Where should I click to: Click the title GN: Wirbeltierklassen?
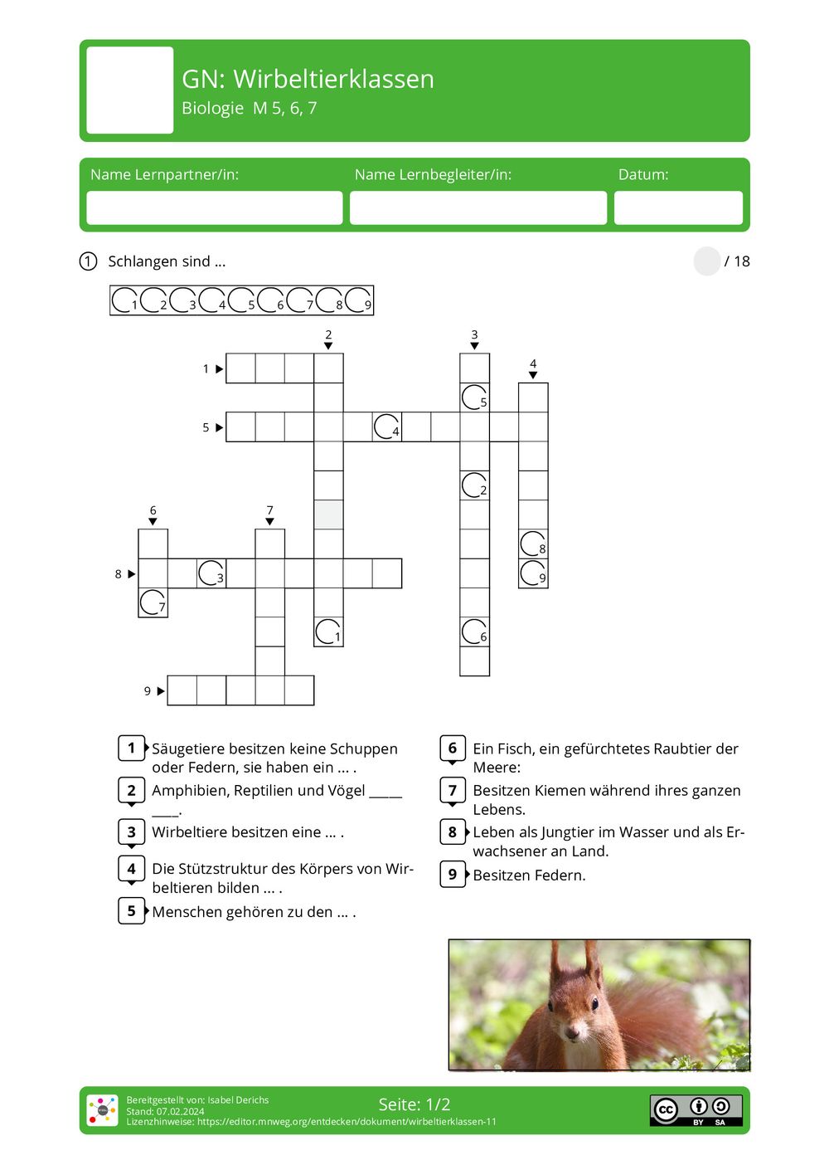(308, 79)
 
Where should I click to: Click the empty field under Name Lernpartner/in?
(214, 207)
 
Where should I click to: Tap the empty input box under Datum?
(677, 207)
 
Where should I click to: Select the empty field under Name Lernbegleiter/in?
(478, 207)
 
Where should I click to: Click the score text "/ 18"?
(736, 261)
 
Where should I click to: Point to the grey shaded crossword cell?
(328, 514)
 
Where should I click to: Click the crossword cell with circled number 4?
(386, 427)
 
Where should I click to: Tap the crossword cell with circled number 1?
(328, 631)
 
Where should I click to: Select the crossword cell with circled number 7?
(153, 602)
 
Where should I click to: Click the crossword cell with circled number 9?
(533, 573)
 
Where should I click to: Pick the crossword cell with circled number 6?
(474, 631)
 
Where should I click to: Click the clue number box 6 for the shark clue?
(452, 748)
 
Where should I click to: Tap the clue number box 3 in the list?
(131, 832)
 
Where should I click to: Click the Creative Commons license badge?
(696, 1110)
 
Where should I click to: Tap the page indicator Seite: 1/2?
(414, 1104)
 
